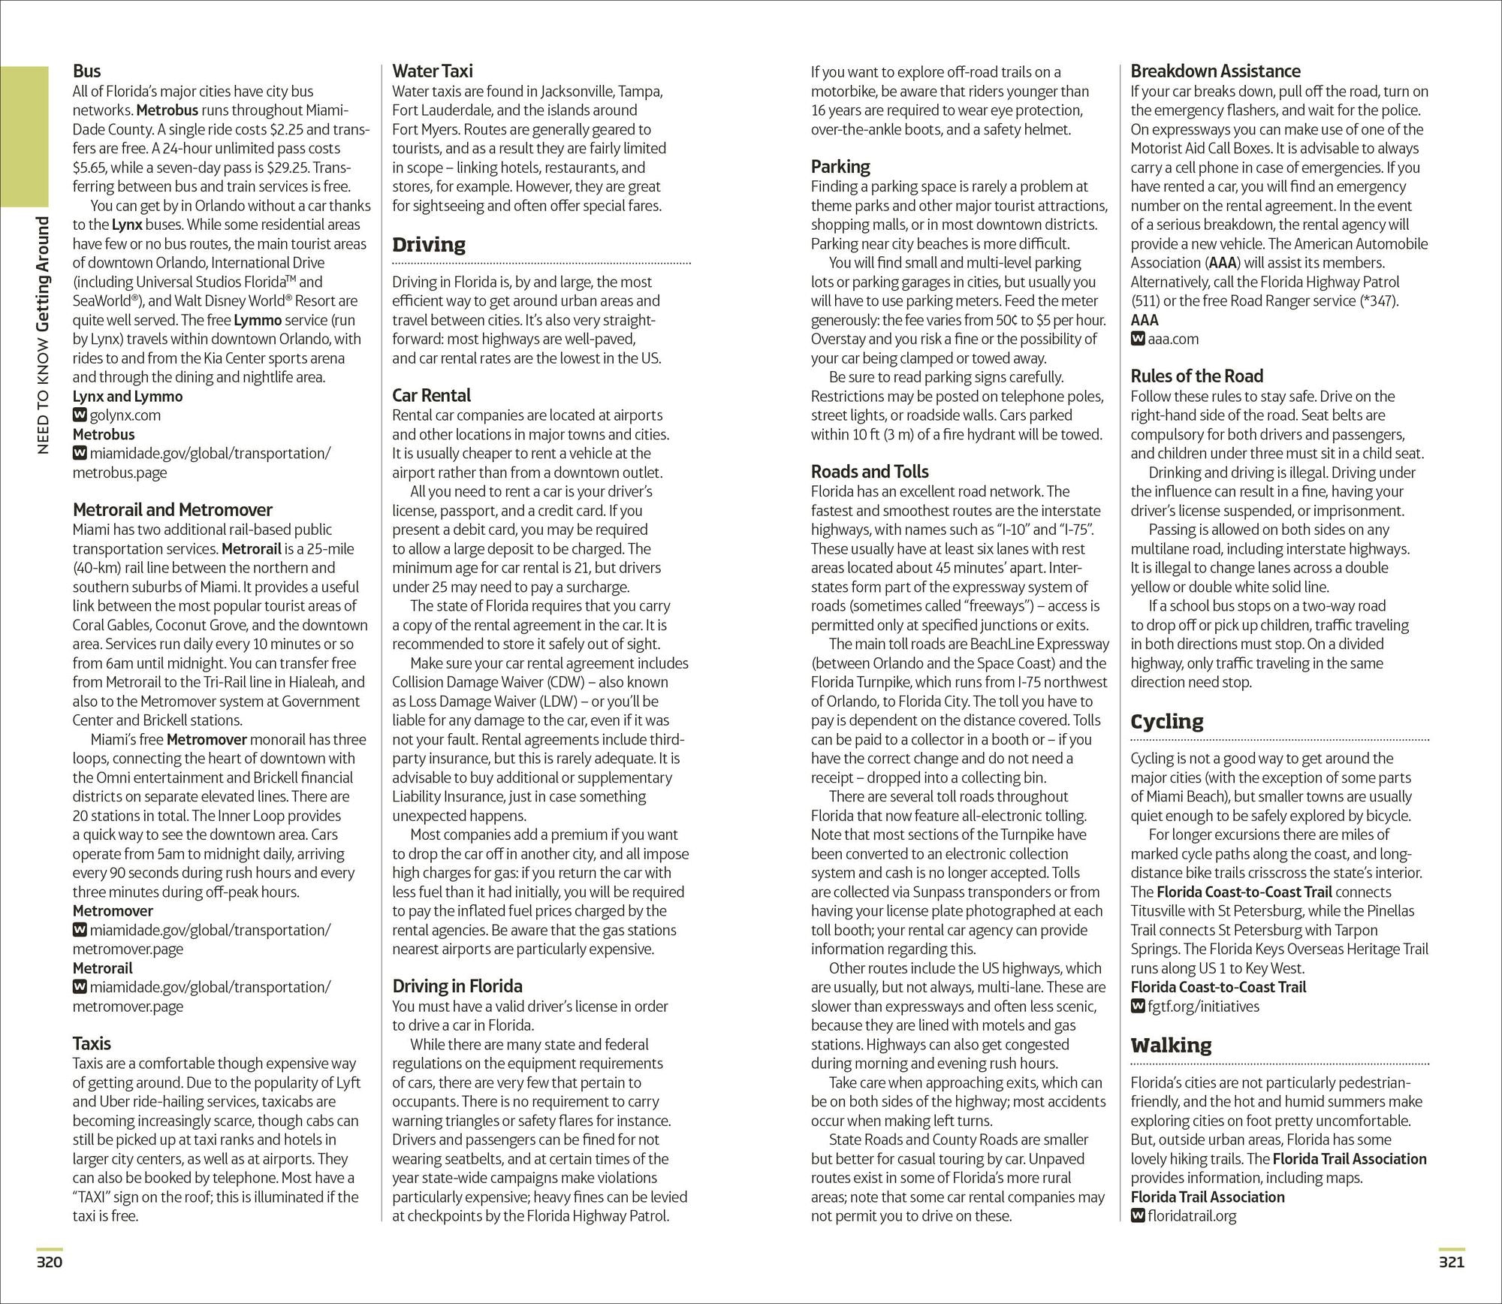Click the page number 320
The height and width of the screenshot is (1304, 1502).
tap(50, 1262)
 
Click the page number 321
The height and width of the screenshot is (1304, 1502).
tap(1452, 1262)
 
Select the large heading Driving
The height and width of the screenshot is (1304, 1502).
tap(429, 244)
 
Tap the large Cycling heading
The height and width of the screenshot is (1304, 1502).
tap(1166, 721)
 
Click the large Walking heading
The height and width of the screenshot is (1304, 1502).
tap(1171, 1045)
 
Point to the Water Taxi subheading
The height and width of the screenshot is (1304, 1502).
tap(433, 71)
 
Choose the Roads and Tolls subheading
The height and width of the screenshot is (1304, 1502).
tap(869, 472)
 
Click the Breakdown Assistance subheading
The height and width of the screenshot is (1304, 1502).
tap(1215, 71)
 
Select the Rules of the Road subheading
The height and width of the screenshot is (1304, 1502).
tap(1196, 376)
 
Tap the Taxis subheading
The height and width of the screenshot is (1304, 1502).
tap(92, 1043)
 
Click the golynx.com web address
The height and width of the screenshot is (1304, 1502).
tap(125, 415)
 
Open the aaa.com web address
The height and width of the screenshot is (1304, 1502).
tap(1173, 339)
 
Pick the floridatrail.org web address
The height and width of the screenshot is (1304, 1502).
tap(1192, 1216)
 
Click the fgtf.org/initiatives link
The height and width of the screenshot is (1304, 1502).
tap(1203, 1007)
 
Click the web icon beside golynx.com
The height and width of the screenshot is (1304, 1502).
tap(79, 415)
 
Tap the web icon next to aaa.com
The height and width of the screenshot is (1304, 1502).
tap(1137, 339)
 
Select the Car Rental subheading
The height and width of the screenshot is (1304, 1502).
tap(431, 396)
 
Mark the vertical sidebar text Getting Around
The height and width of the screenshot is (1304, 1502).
tap(43, 274)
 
